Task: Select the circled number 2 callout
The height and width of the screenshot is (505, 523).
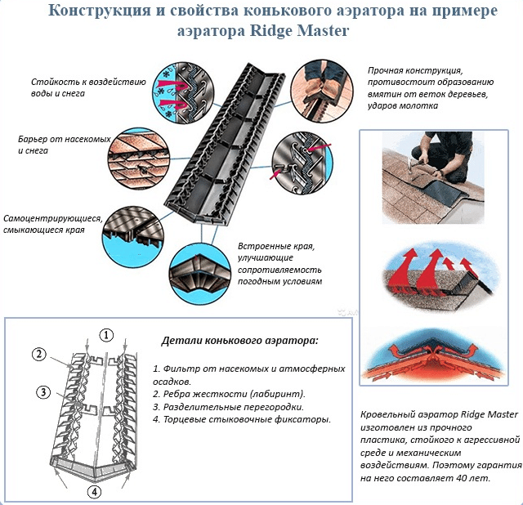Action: (x=38, y=354)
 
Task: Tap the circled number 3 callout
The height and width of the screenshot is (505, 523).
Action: (x=42, y=391)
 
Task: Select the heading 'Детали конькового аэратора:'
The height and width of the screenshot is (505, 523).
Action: (x=239, y=339)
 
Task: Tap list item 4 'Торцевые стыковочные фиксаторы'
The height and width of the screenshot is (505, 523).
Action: (x=241, y=419)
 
